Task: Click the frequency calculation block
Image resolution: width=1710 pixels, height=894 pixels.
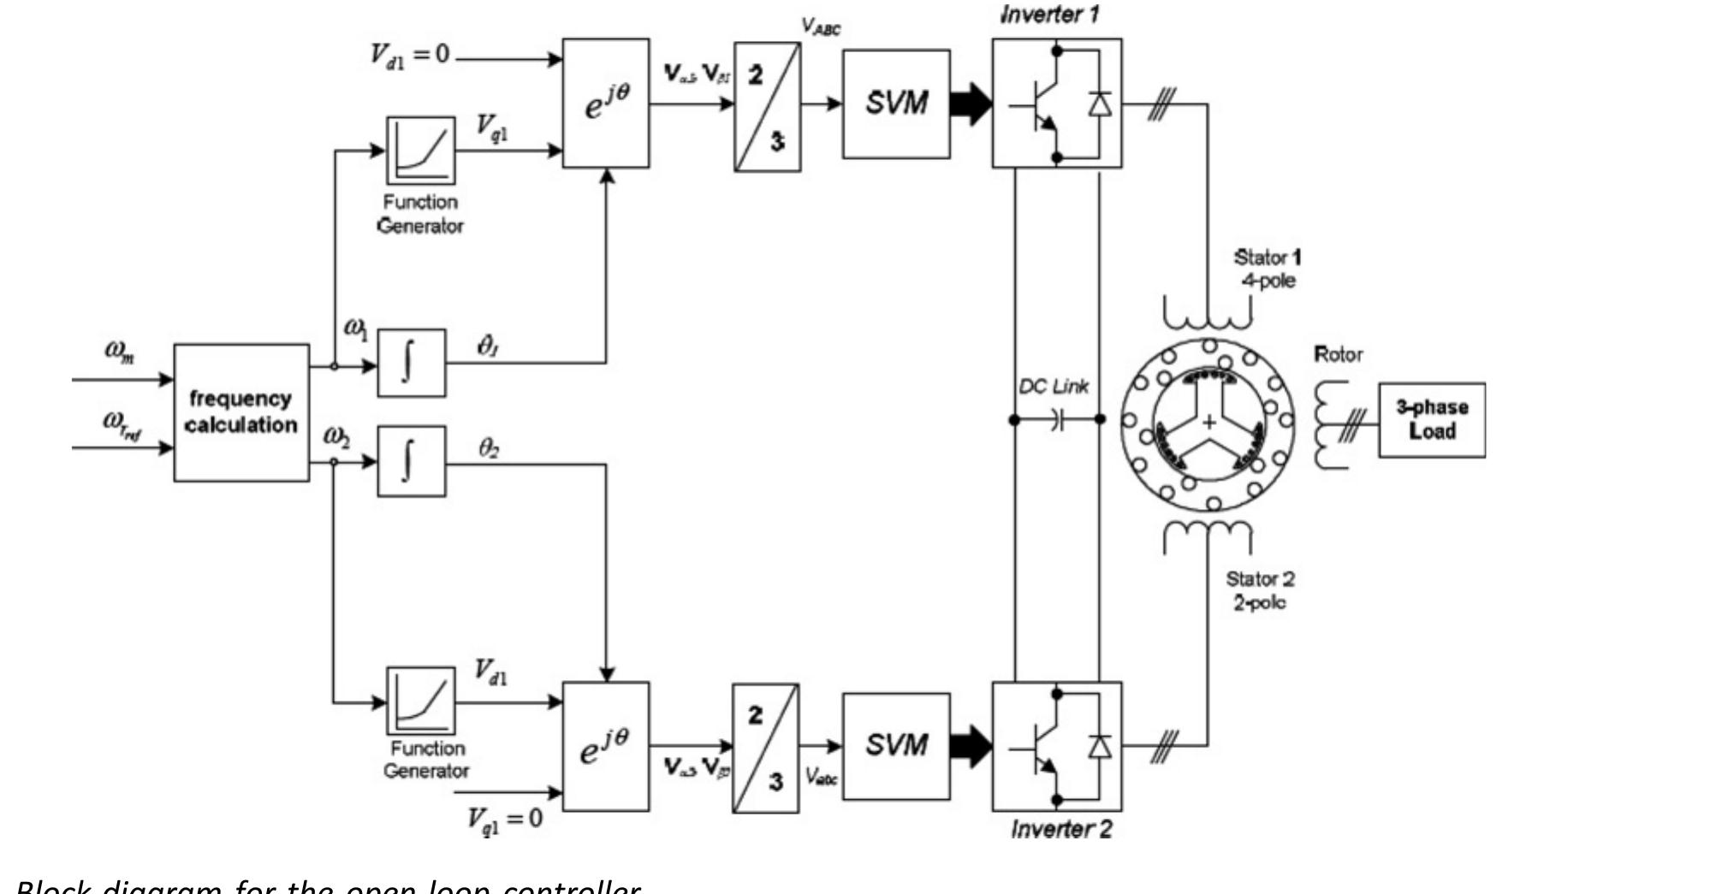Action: [x=241, y=412]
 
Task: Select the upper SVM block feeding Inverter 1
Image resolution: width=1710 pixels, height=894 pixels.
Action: [x=896, y=104]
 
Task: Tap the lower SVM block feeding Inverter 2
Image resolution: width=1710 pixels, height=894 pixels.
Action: [x=896, y=746]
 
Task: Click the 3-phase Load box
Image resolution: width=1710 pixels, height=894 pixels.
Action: [x=1431, y=419]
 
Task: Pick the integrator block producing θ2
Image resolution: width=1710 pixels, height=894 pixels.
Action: [x=412, y=461]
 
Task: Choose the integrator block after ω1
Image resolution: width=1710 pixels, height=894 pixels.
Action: [x=412, y=364]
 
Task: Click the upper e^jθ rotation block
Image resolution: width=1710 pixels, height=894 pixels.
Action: [x=606, y=104]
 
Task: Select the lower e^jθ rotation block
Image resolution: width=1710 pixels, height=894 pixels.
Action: [x=606, y=746]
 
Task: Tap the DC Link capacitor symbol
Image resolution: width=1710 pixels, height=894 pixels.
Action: [x=1058, y=419]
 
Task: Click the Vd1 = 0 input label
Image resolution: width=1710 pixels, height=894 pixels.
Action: [x=409, y=55]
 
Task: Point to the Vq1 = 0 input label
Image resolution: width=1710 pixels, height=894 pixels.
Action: [x=505, y=819]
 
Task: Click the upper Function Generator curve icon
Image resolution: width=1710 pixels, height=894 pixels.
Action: [x=420, y=151]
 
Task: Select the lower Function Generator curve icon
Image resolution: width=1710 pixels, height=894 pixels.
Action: [x=420, y=701]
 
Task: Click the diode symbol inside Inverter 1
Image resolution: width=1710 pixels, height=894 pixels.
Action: [x=1100, y=104]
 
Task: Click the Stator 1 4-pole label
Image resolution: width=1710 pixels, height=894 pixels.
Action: [x=1267, y=269]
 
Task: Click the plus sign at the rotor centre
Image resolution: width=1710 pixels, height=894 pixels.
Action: [x=1209, y=422]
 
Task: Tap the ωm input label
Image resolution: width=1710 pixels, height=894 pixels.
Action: [x=120, y=350]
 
